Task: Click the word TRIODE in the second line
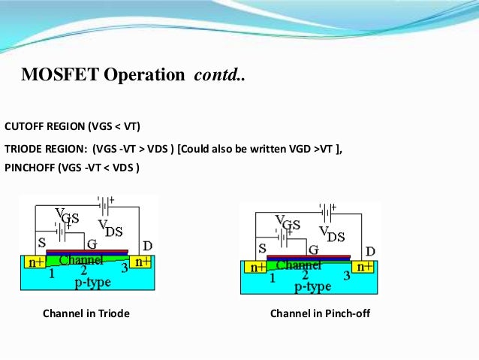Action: click(x=22, y=149)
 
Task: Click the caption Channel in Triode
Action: click(x=86, y=313)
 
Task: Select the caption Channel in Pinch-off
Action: click(x=320, y=313)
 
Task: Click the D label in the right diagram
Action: click(x=370, y=251)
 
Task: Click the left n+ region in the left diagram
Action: click(x=35, y=262)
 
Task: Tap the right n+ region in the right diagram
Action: click(x=364, y=267)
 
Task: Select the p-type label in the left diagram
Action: click(x=92, y=282)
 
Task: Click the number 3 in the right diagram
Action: click(x=346, y=277)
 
